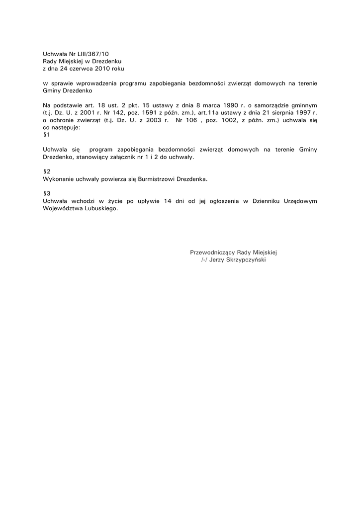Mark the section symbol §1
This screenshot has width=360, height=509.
click(47, 135)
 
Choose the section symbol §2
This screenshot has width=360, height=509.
click(47, 171)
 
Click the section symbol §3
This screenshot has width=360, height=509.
click(47, 193)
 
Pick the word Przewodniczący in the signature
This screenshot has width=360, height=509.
click(212, 252)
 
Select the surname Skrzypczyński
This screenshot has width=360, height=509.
click(245, 259)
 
